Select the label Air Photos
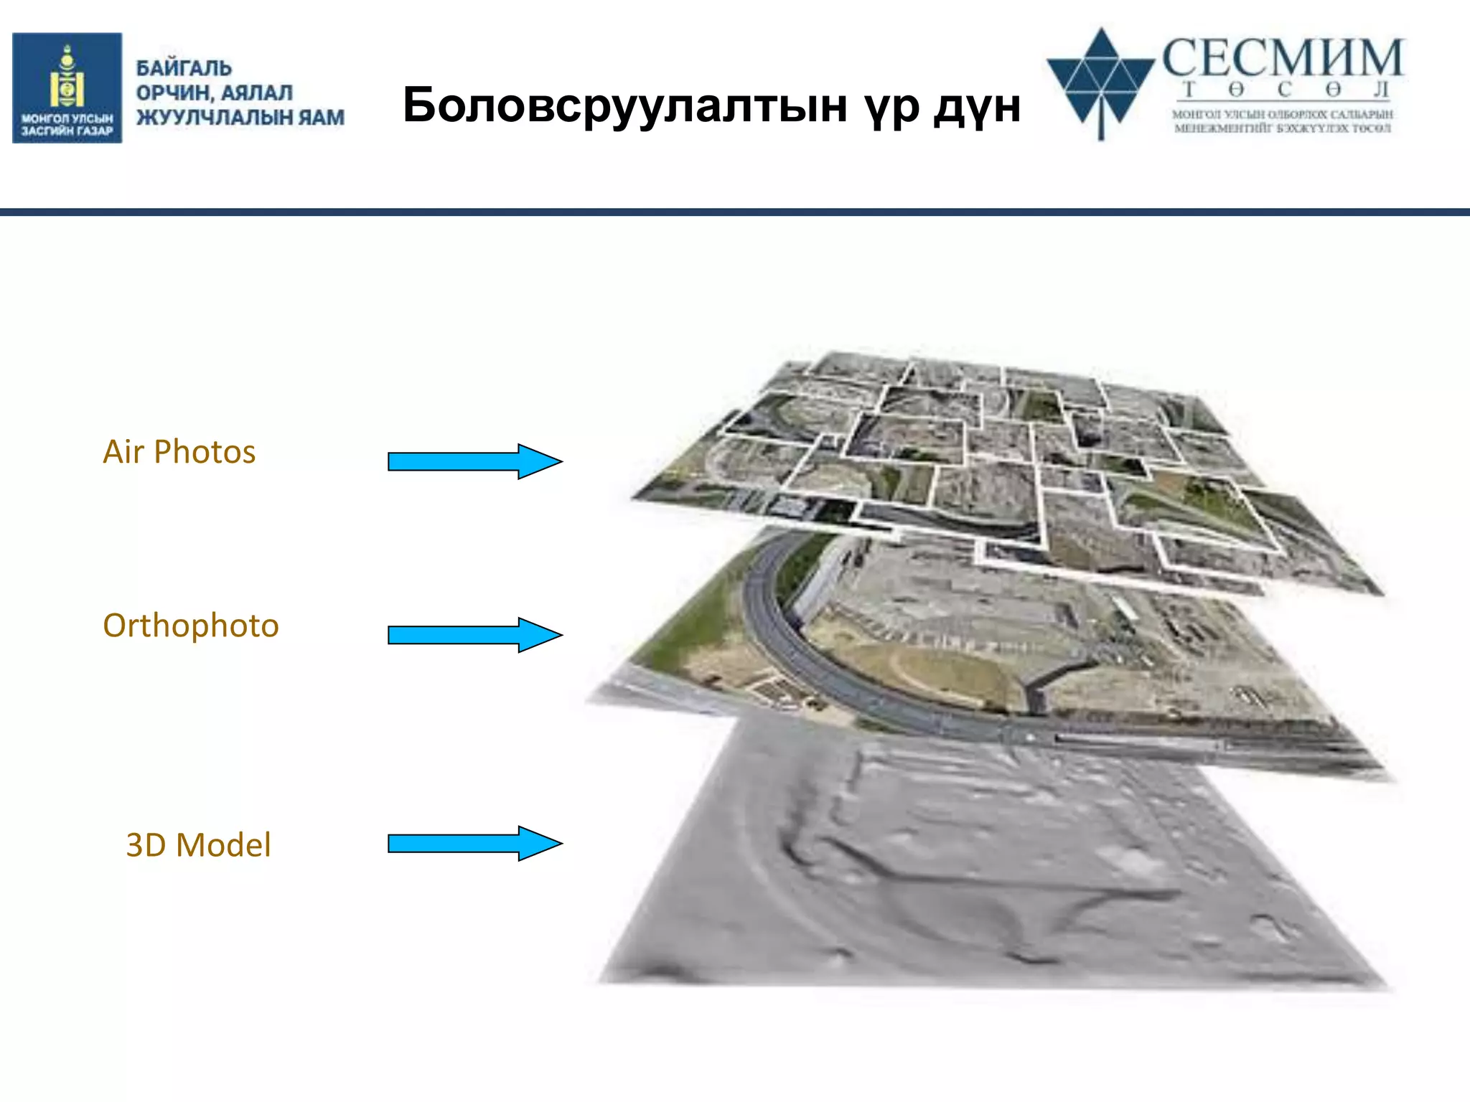tap(179, 452)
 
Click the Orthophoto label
tap(190, 626)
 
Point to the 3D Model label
tap(198, 845)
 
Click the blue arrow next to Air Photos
tap(474, 461)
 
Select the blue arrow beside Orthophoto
tap(474, 635)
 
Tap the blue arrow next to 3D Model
tap(474, 843)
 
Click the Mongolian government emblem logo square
tap(67, 88)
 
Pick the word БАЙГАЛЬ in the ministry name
tap(184, 68)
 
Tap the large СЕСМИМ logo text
tap(1282, 59)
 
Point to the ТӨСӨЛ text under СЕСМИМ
tap(1285, 90)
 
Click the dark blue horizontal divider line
tap(735, 212)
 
